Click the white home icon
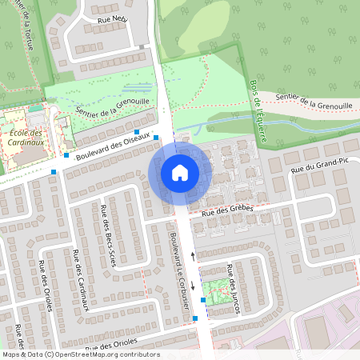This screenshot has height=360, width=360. (x=180, y=172)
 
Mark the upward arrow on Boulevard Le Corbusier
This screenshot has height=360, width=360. (x=193, y=258)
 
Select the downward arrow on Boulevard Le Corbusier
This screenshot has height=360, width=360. (x=193, y=286)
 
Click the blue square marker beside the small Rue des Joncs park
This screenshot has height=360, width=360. (x=203, y=300)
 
